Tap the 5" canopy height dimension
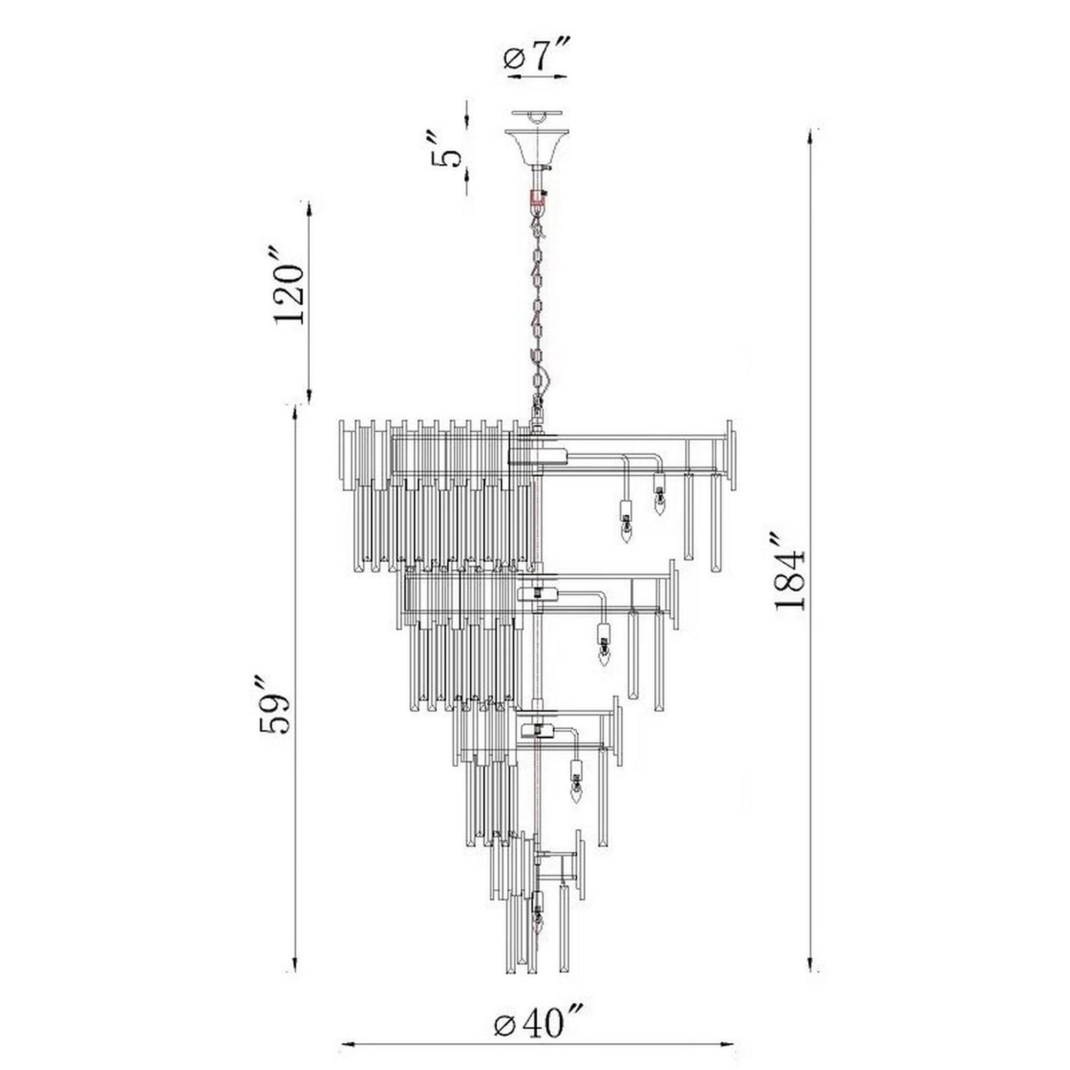[x=447, y=149]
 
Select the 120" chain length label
[x=289, y=294]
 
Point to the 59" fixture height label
[x=275, y=704]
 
